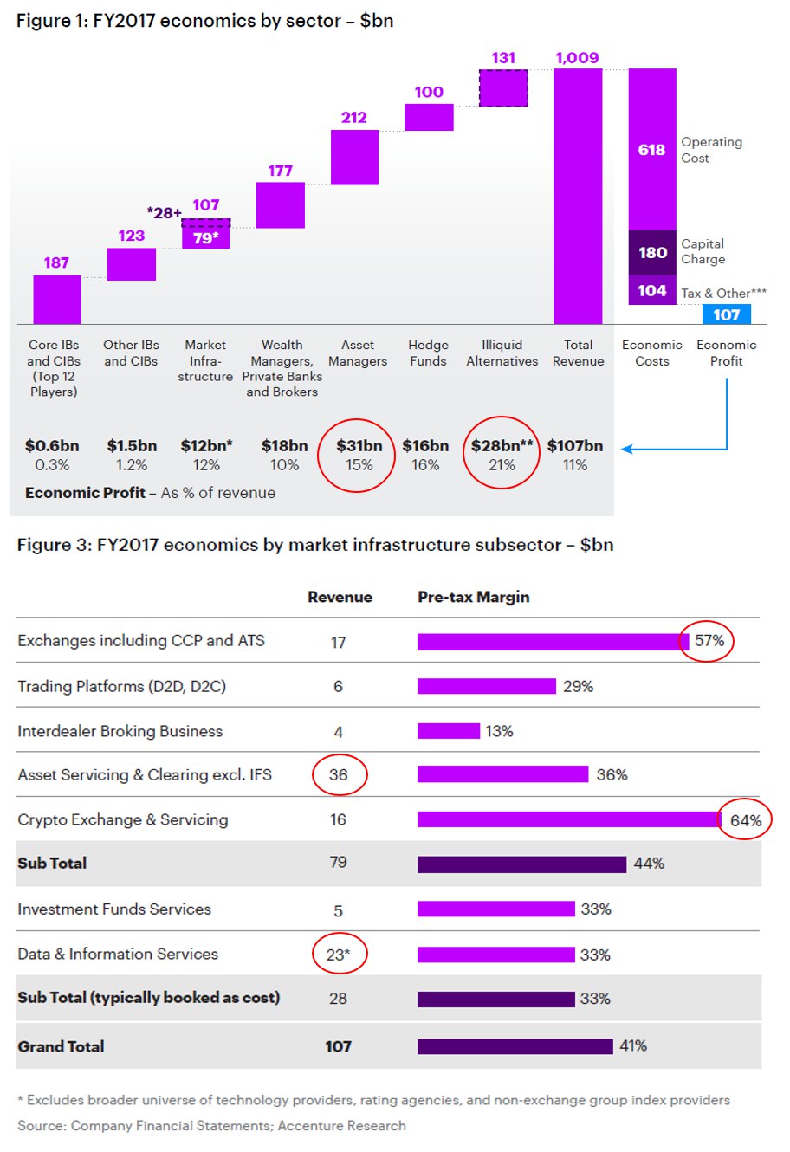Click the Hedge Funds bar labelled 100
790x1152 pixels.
tap(429, 117)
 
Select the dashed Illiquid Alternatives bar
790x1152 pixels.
tap(503, 87)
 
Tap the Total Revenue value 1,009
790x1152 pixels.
tap(577, 58)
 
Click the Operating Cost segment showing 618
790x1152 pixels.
tap(651, 149)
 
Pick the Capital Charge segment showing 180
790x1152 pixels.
tap(651, 252)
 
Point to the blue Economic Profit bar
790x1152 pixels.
tap(726, 314)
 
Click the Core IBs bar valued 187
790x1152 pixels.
tap(57, 300)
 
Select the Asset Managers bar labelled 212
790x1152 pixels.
tap(354, 157)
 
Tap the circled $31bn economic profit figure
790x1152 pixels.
tap(359, 446)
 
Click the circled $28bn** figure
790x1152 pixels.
tap(502, 446)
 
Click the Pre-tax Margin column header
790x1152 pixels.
tap(473, 597)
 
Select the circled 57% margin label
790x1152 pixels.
tap(709, 641)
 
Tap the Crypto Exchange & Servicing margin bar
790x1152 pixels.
tap(568, 819)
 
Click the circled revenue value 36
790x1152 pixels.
tap(338, 774)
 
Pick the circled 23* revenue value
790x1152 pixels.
tap(338, 955)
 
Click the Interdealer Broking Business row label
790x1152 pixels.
tap(120, 731)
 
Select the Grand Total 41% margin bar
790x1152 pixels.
tap(515, 1046)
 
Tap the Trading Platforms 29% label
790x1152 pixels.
tap(578, 686)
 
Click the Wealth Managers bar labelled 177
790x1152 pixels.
tap(281, 204)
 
